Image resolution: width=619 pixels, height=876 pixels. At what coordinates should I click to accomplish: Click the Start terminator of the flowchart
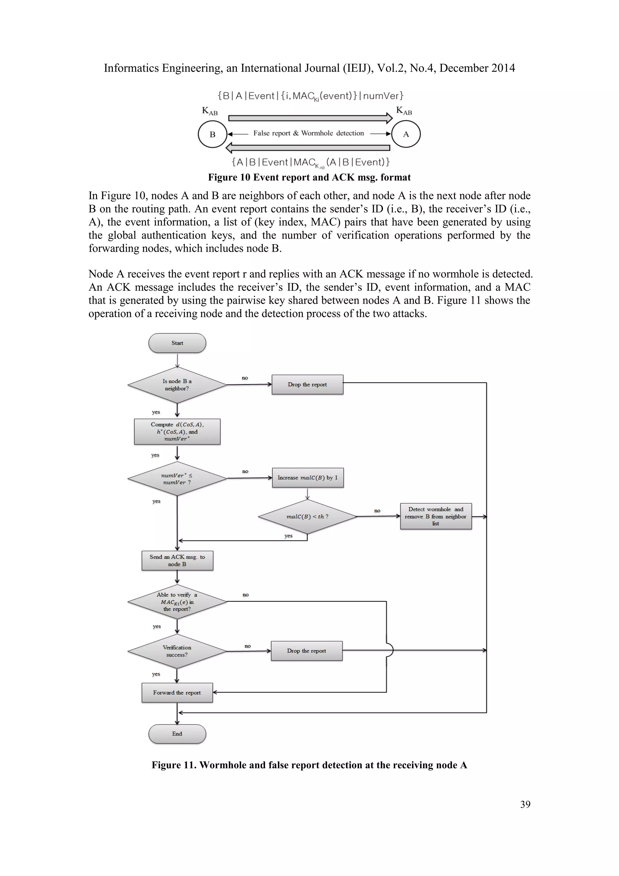point(177,343)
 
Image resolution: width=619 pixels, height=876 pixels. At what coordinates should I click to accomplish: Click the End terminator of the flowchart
point(177,734)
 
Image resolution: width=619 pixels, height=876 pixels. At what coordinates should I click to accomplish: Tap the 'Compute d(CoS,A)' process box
point(177,432)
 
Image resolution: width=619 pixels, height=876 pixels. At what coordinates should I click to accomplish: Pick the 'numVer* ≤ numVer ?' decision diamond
point(177,479)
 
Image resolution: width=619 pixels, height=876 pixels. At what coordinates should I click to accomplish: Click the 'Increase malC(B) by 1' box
point(308,478)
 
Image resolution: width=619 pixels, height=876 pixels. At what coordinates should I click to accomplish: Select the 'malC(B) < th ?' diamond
point(307,517)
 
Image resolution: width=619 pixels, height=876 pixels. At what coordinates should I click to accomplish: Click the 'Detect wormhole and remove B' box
point(436,516)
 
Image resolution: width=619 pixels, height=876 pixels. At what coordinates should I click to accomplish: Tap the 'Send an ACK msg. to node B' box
point(177,561)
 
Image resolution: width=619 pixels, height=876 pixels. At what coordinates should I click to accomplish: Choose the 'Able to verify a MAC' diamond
point(177,602)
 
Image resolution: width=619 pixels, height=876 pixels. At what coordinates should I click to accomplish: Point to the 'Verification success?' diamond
point(177,651)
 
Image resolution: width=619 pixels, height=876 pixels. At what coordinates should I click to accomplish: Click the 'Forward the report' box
point(177,692)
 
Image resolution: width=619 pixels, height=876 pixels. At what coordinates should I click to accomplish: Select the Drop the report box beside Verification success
point(306,651)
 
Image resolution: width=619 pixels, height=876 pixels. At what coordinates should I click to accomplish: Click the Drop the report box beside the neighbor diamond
point(307,384)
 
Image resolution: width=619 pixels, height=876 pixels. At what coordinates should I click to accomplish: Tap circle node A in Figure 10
point(406,134)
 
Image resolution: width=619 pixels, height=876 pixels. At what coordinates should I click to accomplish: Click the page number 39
point(525,804)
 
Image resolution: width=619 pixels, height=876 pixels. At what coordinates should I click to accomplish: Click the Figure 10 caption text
point(309,178)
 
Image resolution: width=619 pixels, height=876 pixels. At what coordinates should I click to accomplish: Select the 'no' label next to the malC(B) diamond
point(377,511)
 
